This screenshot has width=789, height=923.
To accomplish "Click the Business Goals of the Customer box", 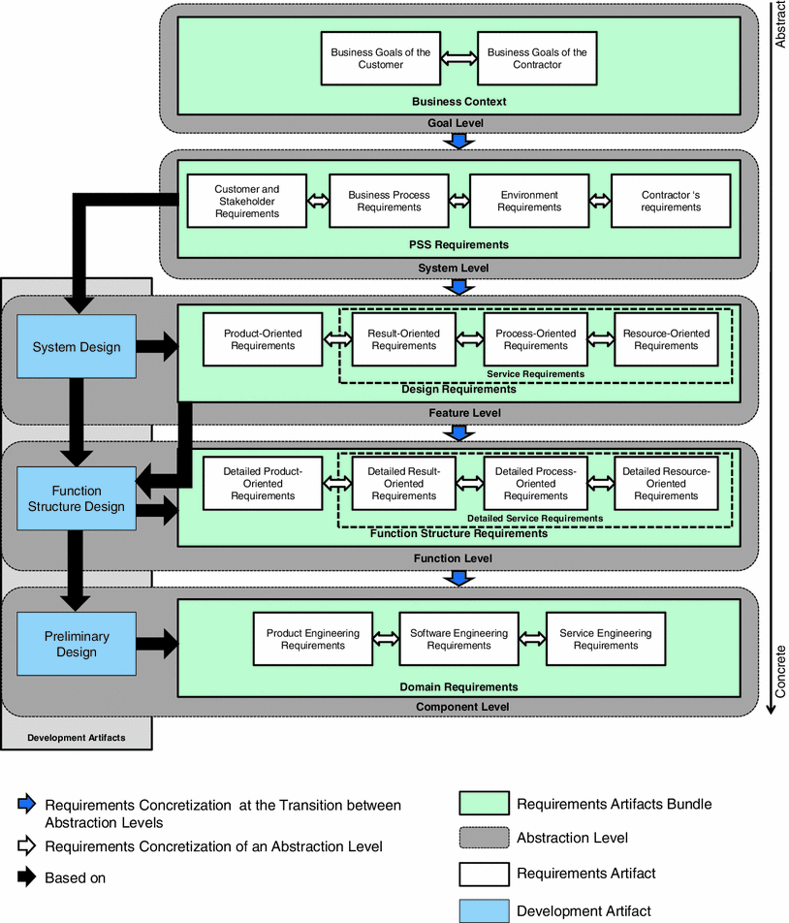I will click(380, 58).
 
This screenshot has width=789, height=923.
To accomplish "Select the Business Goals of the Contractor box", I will click(537, 58).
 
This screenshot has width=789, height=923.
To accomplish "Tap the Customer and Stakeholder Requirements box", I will click(247, 201).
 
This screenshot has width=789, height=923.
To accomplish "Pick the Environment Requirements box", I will click(529, 201).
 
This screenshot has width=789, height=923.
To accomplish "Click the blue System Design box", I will click(77, 347).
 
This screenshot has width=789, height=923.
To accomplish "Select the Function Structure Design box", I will click(77, 498).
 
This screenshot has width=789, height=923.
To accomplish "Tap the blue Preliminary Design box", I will click(77, 644).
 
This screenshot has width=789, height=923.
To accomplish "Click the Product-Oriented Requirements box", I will click(263, 339).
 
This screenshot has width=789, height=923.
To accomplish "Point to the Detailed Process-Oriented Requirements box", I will click(535, 483).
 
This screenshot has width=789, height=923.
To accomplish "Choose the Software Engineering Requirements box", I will click(458, 639).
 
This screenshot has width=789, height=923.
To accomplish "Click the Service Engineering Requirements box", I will click(606, 639).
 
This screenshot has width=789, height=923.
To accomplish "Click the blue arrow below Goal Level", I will click(458, 141).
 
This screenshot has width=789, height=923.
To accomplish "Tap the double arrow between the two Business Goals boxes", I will click(458, 58).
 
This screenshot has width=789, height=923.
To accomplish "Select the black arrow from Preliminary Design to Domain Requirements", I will click(157, 641).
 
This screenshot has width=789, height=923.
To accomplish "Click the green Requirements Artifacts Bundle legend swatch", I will click(484, 804).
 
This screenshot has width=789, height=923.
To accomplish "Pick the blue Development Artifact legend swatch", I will click(484, 910).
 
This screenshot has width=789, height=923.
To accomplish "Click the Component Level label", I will click(462, 707).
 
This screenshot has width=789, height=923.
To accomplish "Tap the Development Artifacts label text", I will click(77, 738).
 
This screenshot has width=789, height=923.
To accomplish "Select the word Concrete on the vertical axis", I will click(780, 671).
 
